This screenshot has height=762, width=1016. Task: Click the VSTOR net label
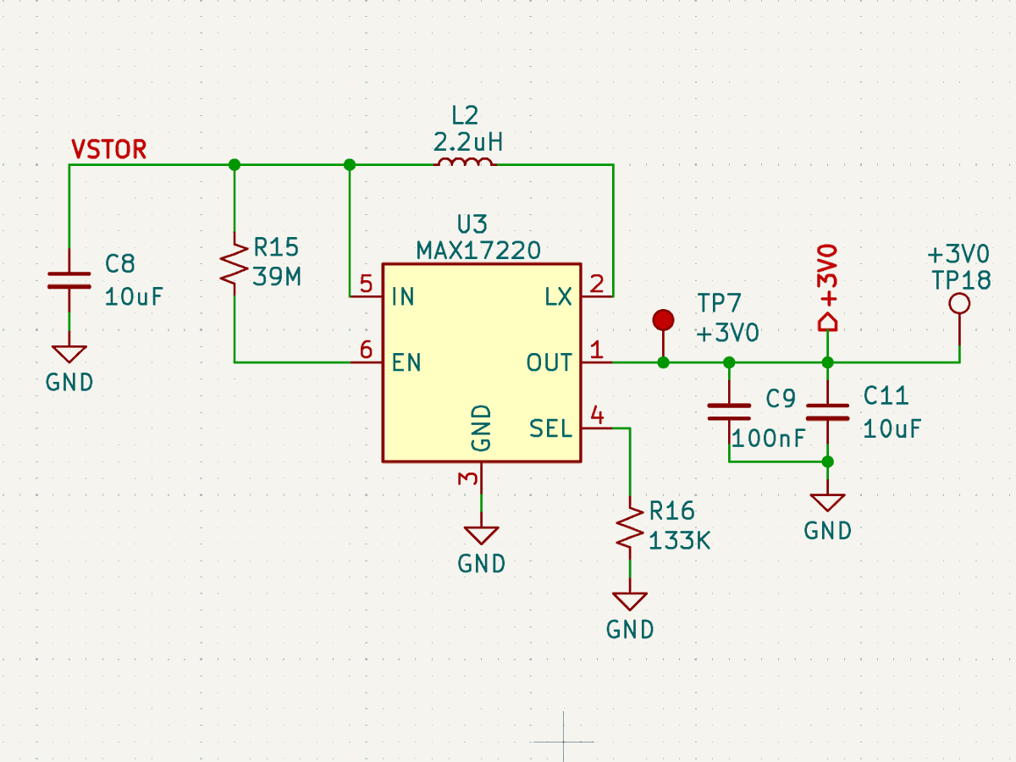108,150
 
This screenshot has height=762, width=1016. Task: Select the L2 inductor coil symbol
465,162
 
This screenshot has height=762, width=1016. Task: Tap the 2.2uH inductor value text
468,142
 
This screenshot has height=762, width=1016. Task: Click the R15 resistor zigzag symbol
235,263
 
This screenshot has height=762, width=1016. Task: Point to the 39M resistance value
277,277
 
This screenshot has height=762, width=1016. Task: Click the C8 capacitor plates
69,280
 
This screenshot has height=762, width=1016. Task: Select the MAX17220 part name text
478,251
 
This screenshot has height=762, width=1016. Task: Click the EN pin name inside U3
406,362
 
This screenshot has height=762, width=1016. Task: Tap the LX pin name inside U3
558,296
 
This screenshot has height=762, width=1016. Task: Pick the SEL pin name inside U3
550,428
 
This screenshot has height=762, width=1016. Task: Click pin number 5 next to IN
366,284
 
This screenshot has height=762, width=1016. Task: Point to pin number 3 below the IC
468,478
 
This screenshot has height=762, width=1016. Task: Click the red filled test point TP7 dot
663,320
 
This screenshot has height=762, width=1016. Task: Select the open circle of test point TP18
959,304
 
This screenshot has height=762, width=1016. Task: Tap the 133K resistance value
679,540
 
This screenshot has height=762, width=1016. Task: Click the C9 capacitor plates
729,411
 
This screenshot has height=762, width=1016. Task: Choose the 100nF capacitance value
769,438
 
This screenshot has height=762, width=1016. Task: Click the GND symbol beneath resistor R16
630,601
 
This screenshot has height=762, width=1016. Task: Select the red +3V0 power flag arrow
827,322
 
